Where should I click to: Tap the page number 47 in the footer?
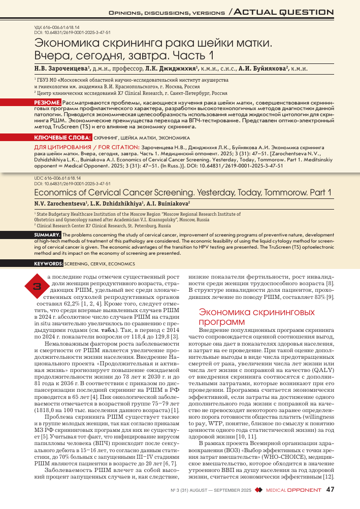[x=331, y=490]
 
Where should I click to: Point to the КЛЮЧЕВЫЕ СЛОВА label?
[x=54, y=138]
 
